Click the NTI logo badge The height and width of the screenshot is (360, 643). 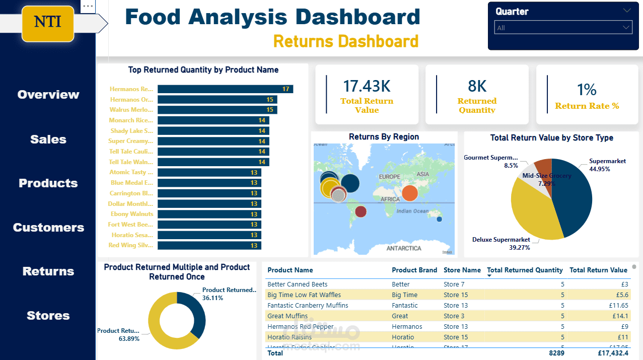48,22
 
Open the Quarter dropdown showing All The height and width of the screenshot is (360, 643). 563,28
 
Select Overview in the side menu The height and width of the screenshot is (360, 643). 48,95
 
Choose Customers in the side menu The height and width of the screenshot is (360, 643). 48,228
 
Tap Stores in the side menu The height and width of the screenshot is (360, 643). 48,316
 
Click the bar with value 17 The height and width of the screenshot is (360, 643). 225,89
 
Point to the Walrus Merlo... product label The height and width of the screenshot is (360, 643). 131,110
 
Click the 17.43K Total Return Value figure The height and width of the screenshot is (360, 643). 367,87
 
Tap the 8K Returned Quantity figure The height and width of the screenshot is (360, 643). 477,87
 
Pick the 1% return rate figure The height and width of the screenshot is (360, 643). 587,90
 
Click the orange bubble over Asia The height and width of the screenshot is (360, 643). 410,192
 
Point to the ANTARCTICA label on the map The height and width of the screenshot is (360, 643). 403,248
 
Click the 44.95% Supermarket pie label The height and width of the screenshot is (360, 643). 600,169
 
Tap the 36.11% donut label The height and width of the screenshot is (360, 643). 212,298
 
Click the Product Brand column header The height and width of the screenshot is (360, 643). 414,270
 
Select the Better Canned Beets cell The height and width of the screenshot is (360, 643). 297,284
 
